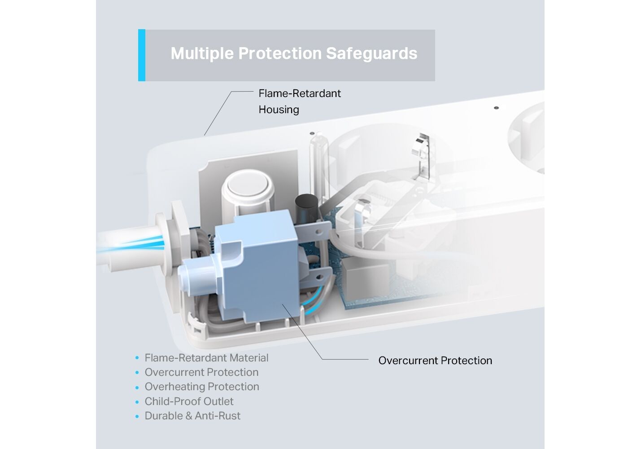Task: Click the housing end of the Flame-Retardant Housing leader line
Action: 204,135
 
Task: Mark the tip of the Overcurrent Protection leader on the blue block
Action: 283,304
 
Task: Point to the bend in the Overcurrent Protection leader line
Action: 322,359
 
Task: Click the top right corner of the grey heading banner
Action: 435,30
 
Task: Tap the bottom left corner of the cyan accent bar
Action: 139,81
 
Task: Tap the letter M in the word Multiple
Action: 178,53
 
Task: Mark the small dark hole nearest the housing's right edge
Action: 496,108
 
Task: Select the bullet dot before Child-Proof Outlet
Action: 137,402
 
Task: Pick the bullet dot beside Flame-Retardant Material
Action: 137,358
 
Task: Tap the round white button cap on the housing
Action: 248,185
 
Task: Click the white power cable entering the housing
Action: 129,245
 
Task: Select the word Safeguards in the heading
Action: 371,53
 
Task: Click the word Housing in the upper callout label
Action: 279,110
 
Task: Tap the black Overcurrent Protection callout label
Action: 435,361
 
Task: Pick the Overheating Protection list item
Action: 202,387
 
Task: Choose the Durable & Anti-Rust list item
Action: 192,416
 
